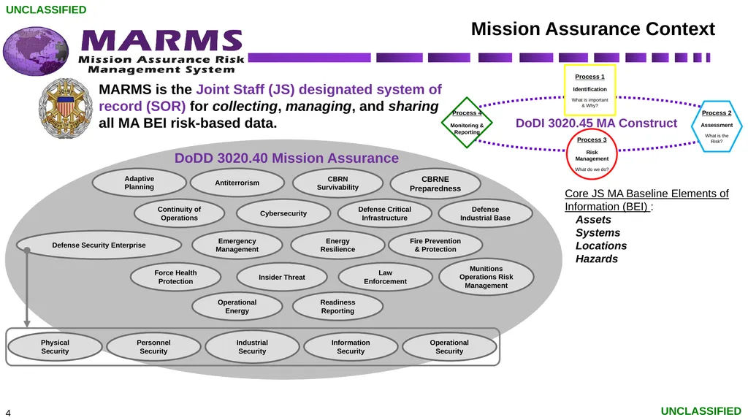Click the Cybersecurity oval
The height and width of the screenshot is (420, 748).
tap(283, 213)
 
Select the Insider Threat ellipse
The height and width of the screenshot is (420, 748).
tap(282, 277)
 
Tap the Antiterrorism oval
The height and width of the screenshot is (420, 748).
tap(237, 183)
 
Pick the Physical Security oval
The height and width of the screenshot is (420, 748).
tap(55, 347)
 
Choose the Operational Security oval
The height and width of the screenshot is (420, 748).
tap(449, 347)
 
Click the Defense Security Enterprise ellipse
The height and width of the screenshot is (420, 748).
tap(99, 245)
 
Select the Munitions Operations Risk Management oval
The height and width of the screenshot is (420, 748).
tap(486, 277)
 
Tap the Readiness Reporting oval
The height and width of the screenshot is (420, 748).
tap(337, 306)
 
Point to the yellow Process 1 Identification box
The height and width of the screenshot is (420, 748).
tap(589, 90)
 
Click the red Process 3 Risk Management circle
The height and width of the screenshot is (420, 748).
tap(592, 154)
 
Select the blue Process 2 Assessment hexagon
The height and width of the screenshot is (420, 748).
tap(717, 126)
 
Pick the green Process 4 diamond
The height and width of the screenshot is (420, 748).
tap(467, 123)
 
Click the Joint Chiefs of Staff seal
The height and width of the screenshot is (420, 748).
tap(65, 109)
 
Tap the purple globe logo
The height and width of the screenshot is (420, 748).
tap(36, 51)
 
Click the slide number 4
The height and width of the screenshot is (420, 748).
tap(8, 413)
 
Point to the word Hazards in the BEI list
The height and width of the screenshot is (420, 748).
tap(596, 259)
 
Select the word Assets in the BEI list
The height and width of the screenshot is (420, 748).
tap(593, 220)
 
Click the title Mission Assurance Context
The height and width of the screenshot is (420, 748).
tap(593, 29)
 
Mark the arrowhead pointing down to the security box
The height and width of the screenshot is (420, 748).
tap(27, 324)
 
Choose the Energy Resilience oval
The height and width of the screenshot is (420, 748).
tap(337, 245)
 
